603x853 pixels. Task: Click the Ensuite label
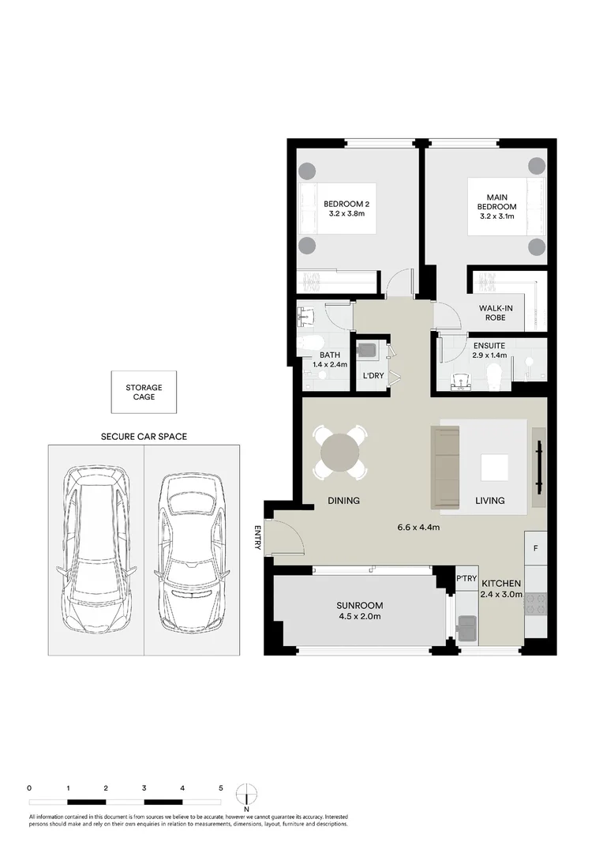click(489, 346)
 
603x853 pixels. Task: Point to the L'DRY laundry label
click(373, 376)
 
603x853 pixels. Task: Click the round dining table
click(340, 453)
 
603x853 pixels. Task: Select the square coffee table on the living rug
click(495, 468)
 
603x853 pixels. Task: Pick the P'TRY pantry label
click(466, 580)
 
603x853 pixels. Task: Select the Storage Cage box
click(144, 392)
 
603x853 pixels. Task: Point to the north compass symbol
click(247, 793)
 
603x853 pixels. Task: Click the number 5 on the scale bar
click(221, 788)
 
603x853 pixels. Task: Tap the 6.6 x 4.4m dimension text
click(418, 528)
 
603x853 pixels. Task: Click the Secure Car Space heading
click(144, 437)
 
